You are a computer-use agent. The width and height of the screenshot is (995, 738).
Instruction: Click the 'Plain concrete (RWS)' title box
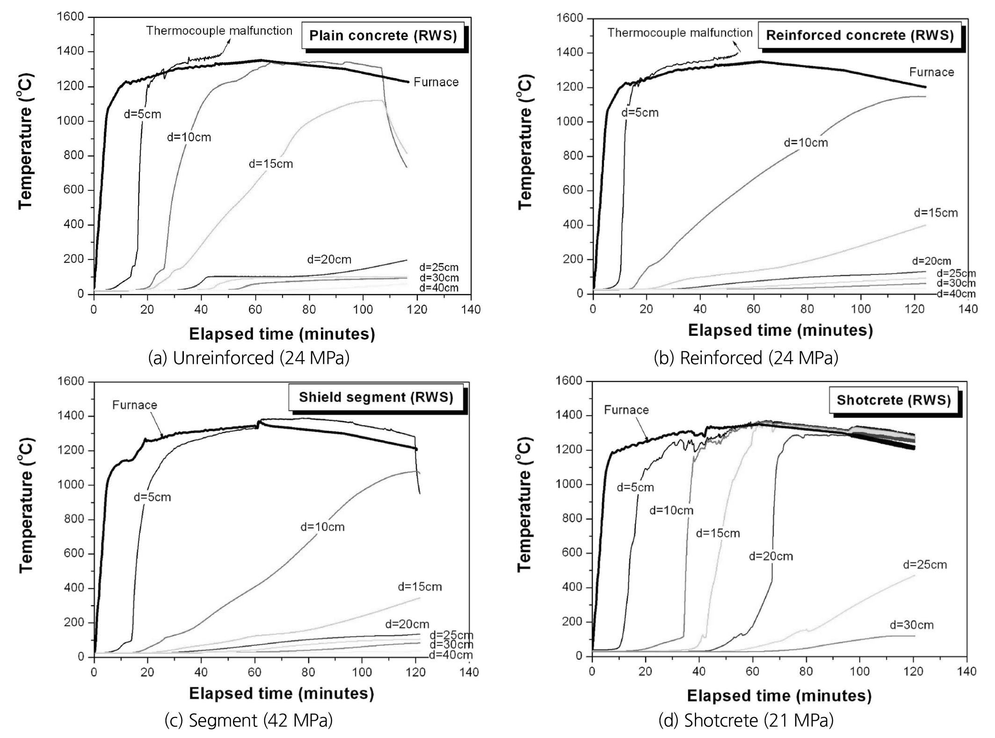383,36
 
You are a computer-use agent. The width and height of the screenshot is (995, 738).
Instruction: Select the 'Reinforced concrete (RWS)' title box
860,36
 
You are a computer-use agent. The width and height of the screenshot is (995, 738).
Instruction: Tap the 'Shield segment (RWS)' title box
376,398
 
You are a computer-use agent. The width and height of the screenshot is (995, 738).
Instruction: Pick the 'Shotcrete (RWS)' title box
893,400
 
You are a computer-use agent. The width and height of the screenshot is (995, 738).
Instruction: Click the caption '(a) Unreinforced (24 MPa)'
249,358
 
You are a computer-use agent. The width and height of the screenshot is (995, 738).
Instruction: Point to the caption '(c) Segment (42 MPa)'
248,720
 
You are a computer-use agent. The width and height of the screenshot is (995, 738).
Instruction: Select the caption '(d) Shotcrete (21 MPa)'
746,720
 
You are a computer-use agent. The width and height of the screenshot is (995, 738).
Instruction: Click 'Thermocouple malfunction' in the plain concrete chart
219,31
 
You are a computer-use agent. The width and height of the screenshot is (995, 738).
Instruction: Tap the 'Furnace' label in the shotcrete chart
626,410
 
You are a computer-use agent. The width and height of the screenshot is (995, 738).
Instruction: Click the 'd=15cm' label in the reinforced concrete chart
936,213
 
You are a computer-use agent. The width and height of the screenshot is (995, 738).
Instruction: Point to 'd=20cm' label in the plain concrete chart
329,260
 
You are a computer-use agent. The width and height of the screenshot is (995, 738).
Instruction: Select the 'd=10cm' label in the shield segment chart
322,527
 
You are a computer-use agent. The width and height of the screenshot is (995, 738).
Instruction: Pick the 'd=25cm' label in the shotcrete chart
925,565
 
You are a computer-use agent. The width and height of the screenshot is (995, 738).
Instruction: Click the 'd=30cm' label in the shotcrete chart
911,625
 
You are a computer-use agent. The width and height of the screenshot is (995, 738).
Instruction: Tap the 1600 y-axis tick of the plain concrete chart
70,17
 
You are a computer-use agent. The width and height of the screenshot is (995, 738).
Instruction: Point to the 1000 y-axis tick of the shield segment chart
70,485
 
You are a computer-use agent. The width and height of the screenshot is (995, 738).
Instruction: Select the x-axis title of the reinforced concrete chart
780,331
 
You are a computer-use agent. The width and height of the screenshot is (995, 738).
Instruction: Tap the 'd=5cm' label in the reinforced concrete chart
639,113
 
